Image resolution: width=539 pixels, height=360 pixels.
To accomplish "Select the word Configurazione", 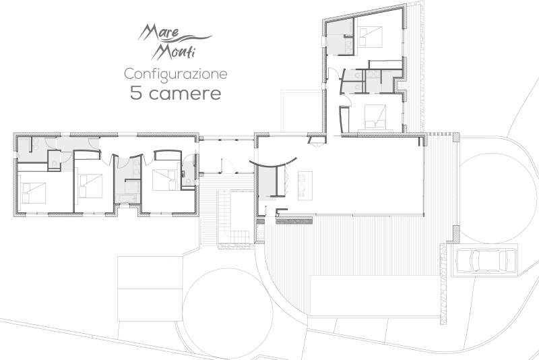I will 175,73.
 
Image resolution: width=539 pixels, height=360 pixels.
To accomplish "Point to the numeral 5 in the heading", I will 136,93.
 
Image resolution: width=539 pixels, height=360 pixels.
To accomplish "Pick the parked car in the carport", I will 486,260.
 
